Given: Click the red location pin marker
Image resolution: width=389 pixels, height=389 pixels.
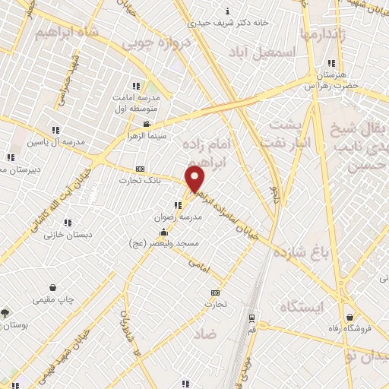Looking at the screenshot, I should click(195, 179).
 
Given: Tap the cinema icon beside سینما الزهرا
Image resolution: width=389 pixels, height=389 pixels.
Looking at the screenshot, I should click(147, 124).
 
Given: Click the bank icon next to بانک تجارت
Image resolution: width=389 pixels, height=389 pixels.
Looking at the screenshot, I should click(139, 169).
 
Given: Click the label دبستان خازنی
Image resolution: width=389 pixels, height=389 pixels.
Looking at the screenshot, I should click(68, 235).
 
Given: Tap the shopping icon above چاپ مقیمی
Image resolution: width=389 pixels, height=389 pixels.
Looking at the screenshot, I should click(53, 287).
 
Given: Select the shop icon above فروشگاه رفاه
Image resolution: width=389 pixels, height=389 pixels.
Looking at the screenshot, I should click(349, 317).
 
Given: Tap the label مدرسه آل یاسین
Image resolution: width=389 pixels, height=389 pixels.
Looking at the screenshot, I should click(51, 142).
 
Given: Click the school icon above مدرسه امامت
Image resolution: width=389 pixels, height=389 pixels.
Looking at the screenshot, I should click(136, 87).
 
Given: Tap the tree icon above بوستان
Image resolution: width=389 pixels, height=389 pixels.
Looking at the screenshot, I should click(7, 312).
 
